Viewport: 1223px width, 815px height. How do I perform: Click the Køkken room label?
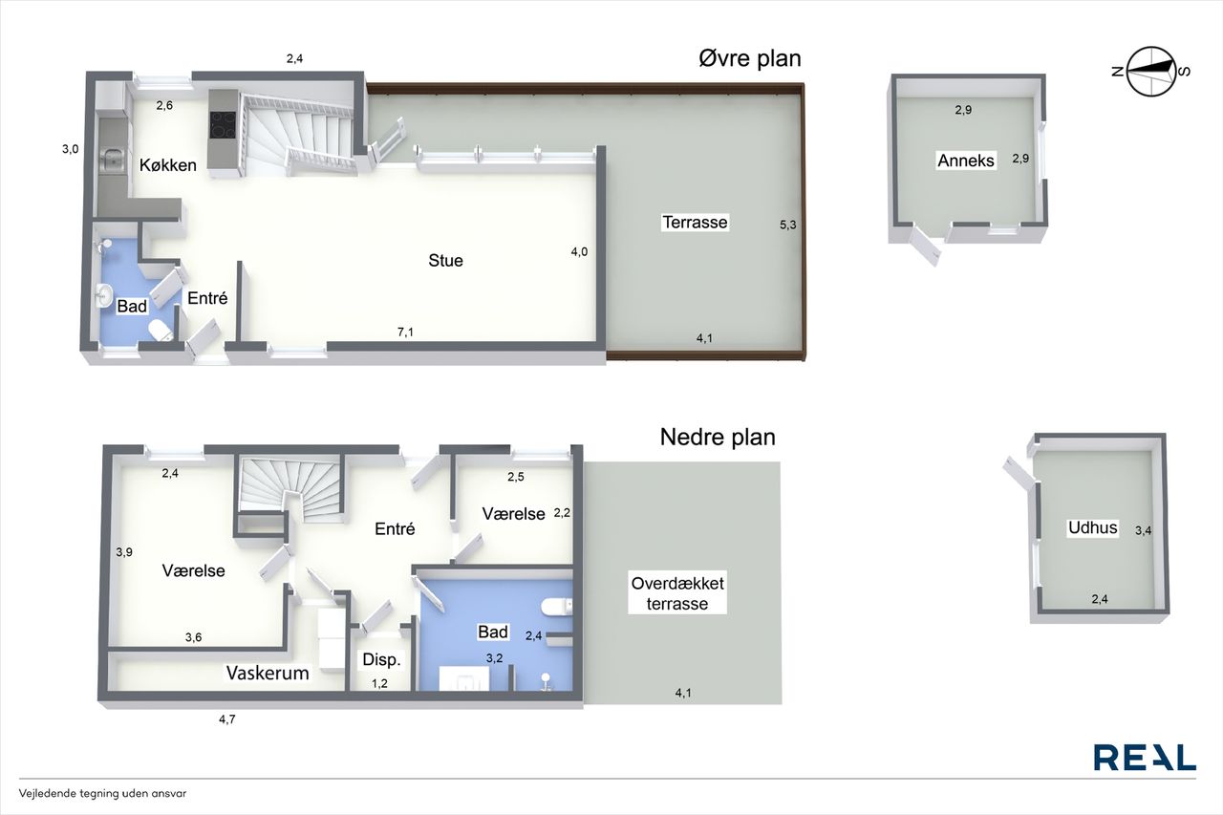click(x=167, y=165)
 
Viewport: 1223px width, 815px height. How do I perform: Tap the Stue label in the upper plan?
click(x=445, y=261)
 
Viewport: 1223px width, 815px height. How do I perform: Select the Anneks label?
click(x=966, y=161)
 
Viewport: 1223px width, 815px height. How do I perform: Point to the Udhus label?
click(x=1092, y=527)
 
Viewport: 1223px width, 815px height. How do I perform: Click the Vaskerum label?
click(x=268, y=673)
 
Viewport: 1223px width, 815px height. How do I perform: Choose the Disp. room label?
click(x=381, y=659)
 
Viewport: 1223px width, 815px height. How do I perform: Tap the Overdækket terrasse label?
click(x=677, y=593)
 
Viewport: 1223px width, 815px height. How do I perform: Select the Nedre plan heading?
click(x=718, y=437)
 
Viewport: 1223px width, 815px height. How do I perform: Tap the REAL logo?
click(x=1145, y=758)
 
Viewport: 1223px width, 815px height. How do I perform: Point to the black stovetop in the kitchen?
click(x=223, y=124)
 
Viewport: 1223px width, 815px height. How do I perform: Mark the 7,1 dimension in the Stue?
click(x=405, y=332)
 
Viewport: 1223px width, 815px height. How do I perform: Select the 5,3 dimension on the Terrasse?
click(x=788, y=225)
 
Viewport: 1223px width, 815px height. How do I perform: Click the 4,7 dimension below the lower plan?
click(x=227, y=718)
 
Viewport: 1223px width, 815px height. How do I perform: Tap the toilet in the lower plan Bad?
click(x=556, y=607)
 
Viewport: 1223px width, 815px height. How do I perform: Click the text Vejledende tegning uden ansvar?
click(x=102, y=793)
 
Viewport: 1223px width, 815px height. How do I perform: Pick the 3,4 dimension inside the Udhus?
click(x=1144, y=530)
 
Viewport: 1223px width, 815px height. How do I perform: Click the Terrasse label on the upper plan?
click(x=695, y=223)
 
